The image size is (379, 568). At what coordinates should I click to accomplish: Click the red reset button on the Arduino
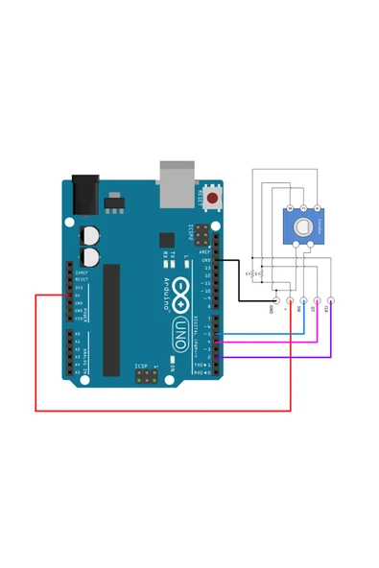pyautogui.click(x=212, y=199)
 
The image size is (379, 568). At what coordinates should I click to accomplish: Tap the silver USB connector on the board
pyautogui.click(x=175, y=183)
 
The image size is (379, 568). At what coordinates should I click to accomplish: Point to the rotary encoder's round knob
pyautogui.click(x=303, y=227)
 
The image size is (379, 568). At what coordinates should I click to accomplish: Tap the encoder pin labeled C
pyautogui.click(x=303, y=208)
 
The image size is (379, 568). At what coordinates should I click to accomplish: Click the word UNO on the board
pyautogui.click(x=179, y=331)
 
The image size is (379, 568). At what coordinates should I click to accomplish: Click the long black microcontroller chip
pyautogui.click(x=111, y=319)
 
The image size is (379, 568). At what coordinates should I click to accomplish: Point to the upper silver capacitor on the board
pyautogui.click(x=89, y=235)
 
